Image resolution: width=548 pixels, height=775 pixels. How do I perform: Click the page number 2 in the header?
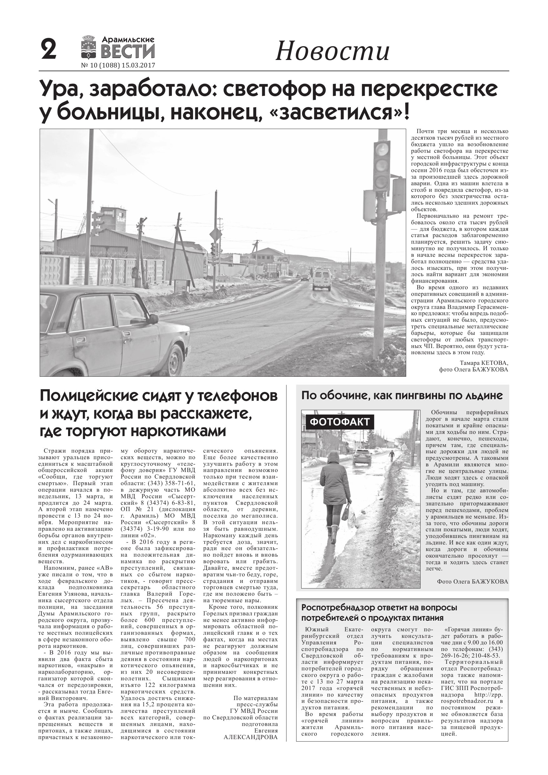pos(48,50)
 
